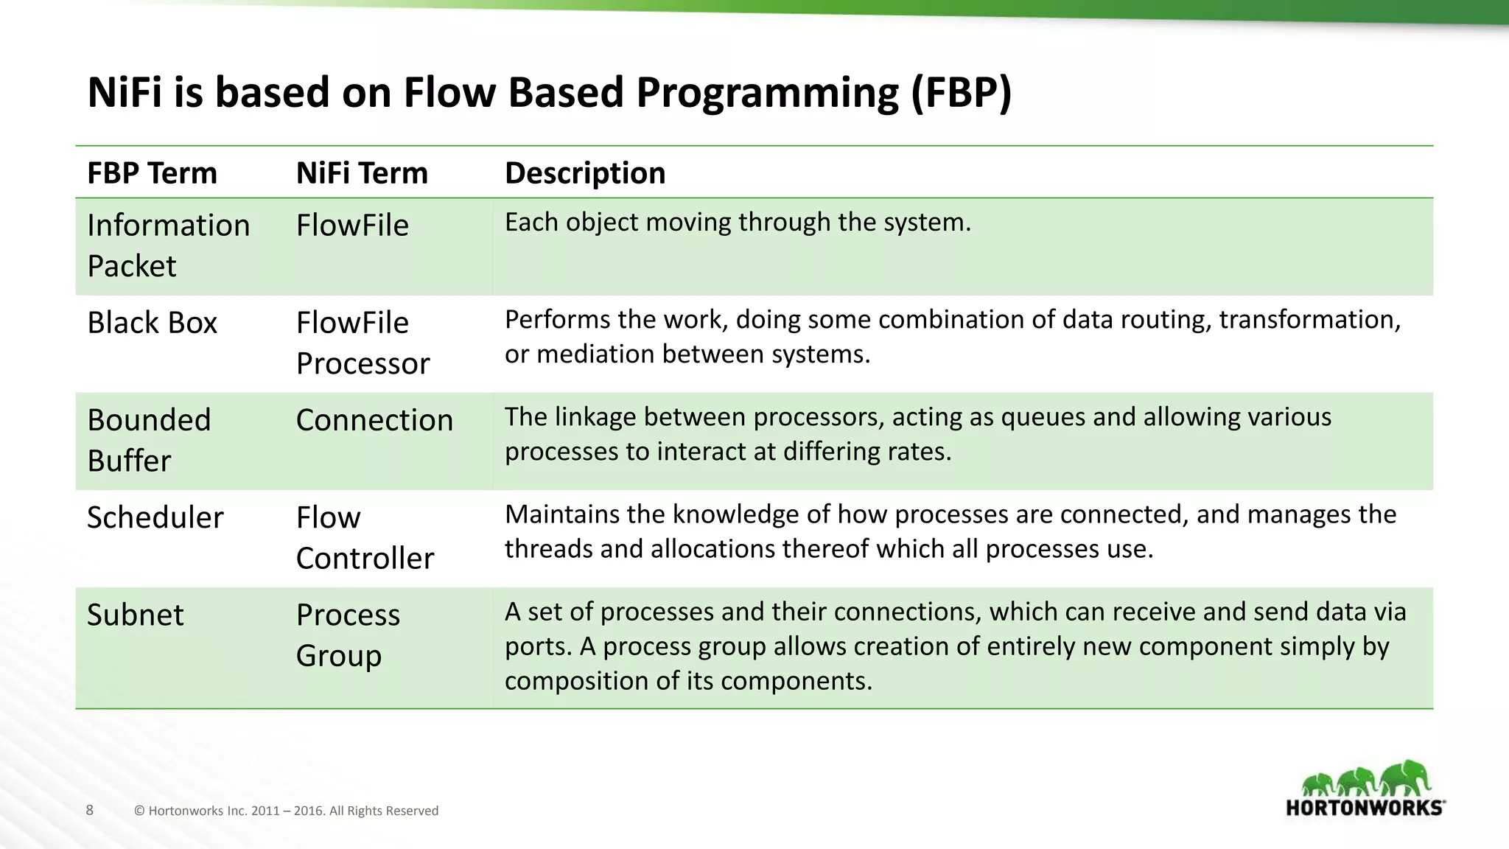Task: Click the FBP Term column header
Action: pos(152,173)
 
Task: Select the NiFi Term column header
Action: pos(361,173)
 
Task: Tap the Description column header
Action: pos(584,173)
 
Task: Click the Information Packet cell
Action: pos(168,245)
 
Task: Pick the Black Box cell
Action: pos(152,323)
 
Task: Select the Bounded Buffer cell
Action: pos(149,440)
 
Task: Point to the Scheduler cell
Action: pos(155,517)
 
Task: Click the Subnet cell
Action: pos(135,615)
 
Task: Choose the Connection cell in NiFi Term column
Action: pos(374,420)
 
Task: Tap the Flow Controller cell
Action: pos(364,537)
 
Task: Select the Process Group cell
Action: pos(347,635)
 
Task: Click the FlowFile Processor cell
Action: pos(362,343)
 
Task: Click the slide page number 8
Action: pos(90,811)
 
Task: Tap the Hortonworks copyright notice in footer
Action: pos(286,811)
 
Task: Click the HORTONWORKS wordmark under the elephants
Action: pos(1365,808)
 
